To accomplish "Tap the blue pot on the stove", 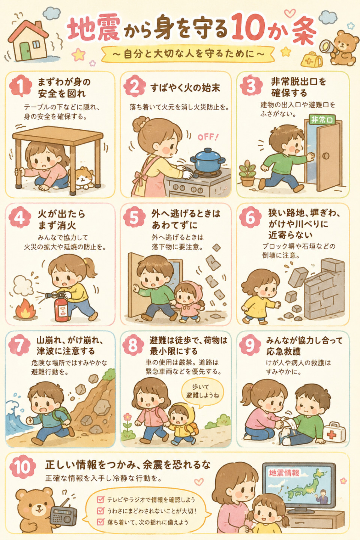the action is pos(207,160).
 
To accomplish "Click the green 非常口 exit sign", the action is pos(322,119).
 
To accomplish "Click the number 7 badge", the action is pos(20,345).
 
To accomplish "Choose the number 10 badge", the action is pos(22,467).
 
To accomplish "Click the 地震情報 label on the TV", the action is pos(284,473).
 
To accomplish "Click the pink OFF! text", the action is pos(208,137).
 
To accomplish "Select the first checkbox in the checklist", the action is pos(100,499).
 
